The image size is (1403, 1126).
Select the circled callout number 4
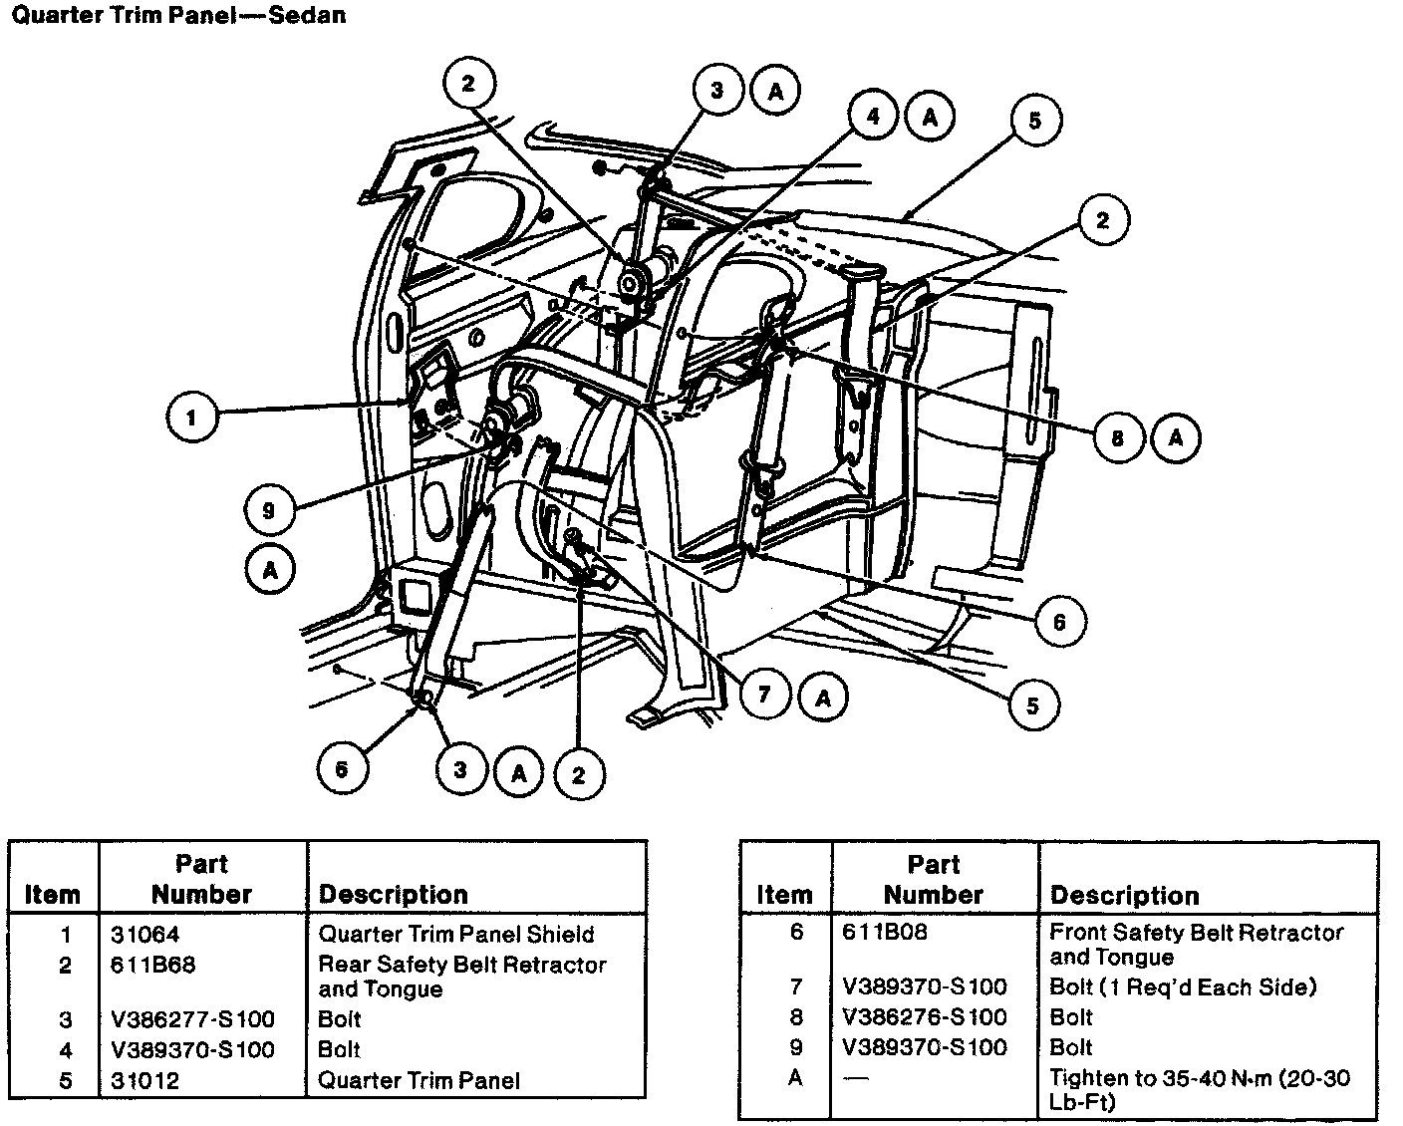pyautogui.click(x=874, y=117)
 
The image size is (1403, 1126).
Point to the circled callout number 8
pyautogui.click(x=1118, y=437)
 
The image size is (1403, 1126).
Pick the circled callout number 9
pyautogui.click(x=268, y=511)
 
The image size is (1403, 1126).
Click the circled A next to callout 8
pyautogui.click(x=1177, y=437)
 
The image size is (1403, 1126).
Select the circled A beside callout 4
pyautogui.click(x=931, y=117)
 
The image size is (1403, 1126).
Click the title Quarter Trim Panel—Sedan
pyautogui.click(x=178, y=16)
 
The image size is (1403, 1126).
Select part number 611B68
pyautogui.click(x=153, y=965)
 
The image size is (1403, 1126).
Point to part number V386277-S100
pyautogui.click(x=193, y=1019)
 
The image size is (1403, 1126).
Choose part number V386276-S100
pyautogui.click(x=925, y=1017)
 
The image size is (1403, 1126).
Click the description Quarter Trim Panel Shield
pyautogui.click(x=455, y=935)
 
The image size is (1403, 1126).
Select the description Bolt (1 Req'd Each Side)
pyautogui.click(x=1183, y=987)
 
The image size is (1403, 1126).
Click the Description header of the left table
pyautogui.click(x=393, y=894)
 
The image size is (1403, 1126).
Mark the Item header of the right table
pyautogui.click(x=784, y=894)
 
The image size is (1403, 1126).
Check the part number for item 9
pyautogui.click(x=925, y=1047)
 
